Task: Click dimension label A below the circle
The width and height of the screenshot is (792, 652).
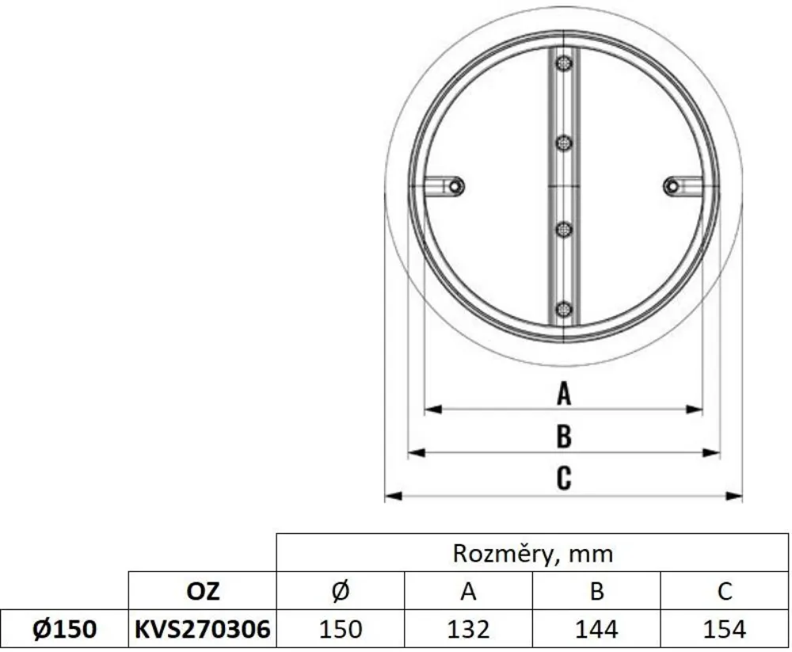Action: (x=563, y=393)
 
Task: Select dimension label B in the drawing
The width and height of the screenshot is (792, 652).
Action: (x=563, y=436)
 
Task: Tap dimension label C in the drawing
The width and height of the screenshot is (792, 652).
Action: (x=563, y=478)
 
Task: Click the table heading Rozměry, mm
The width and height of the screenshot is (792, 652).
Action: (x=532, y=552)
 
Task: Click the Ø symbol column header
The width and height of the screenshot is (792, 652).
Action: (x=340, y=591)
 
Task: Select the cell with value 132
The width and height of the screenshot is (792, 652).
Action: (x=468, y=629)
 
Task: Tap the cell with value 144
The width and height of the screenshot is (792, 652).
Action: (x=596, y=629)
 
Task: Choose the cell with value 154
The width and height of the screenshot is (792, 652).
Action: (x=725, y=629)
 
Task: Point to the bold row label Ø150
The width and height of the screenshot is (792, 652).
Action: (x=63, y=629)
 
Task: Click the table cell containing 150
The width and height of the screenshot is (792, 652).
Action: (x=340, y=629)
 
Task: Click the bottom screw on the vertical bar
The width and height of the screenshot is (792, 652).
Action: (x=563, y=308)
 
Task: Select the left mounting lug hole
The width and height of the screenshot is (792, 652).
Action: (x=455, y=185)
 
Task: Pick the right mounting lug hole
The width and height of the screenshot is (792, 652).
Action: (x=672, y=185)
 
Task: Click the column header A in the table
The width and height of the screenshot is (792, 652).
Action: (x=468, y=591)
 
